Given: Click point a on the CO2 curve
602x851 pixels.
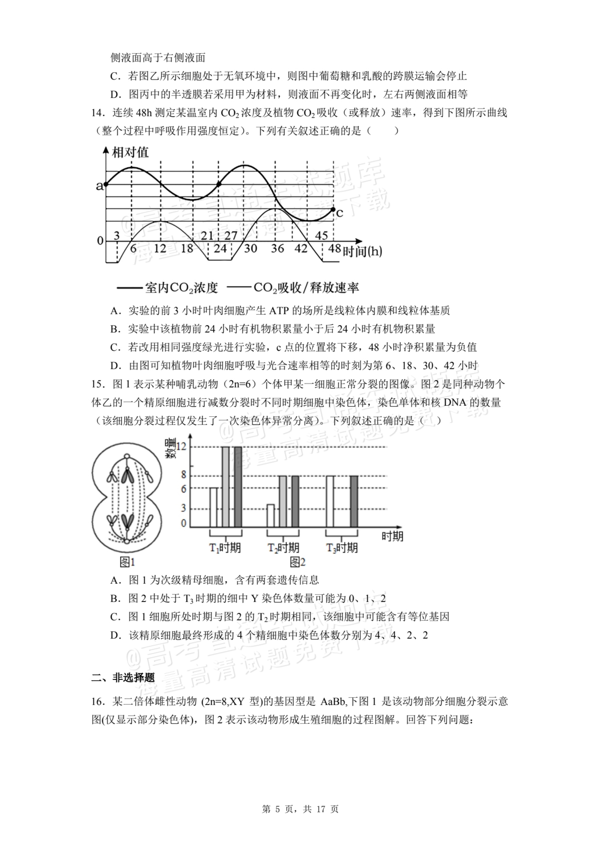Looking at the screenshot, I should (x=106, y=184).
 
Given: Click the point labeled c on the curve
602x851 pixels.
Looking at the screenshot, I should (x=333, y=210).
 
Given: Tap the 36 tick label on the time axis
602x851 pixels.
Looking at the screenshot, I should (x=277, y=248).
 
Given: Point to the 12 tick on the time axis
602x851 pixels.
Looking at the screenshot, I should (x=160, y=248).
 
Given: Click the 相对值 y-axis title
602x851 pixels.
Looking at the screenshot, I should (x=130, y=152).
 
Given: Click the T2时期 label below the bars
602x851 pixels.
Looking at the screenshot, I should (x=283, y=548).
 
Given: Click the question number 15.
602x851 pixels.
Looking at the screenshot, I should (x=97, y=384).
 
